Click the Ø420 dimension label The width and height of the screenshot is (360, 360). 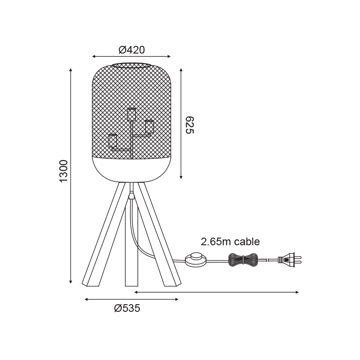132,50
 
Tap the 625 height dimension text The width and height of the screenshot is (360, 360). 189,125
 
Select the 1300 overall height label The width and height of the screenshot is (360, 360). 63,171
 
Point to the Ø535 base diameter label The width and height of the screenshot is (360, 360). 127,308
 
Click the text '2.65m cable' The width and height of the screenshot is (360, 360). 230,242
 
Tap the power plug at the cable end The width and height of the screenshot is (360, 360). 289,260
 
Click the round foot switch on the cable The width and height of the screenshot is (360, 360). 195,260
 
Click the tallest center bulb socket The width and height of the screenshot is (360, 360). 131,114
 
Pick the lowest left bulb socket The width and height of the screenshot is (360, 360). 112,141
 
